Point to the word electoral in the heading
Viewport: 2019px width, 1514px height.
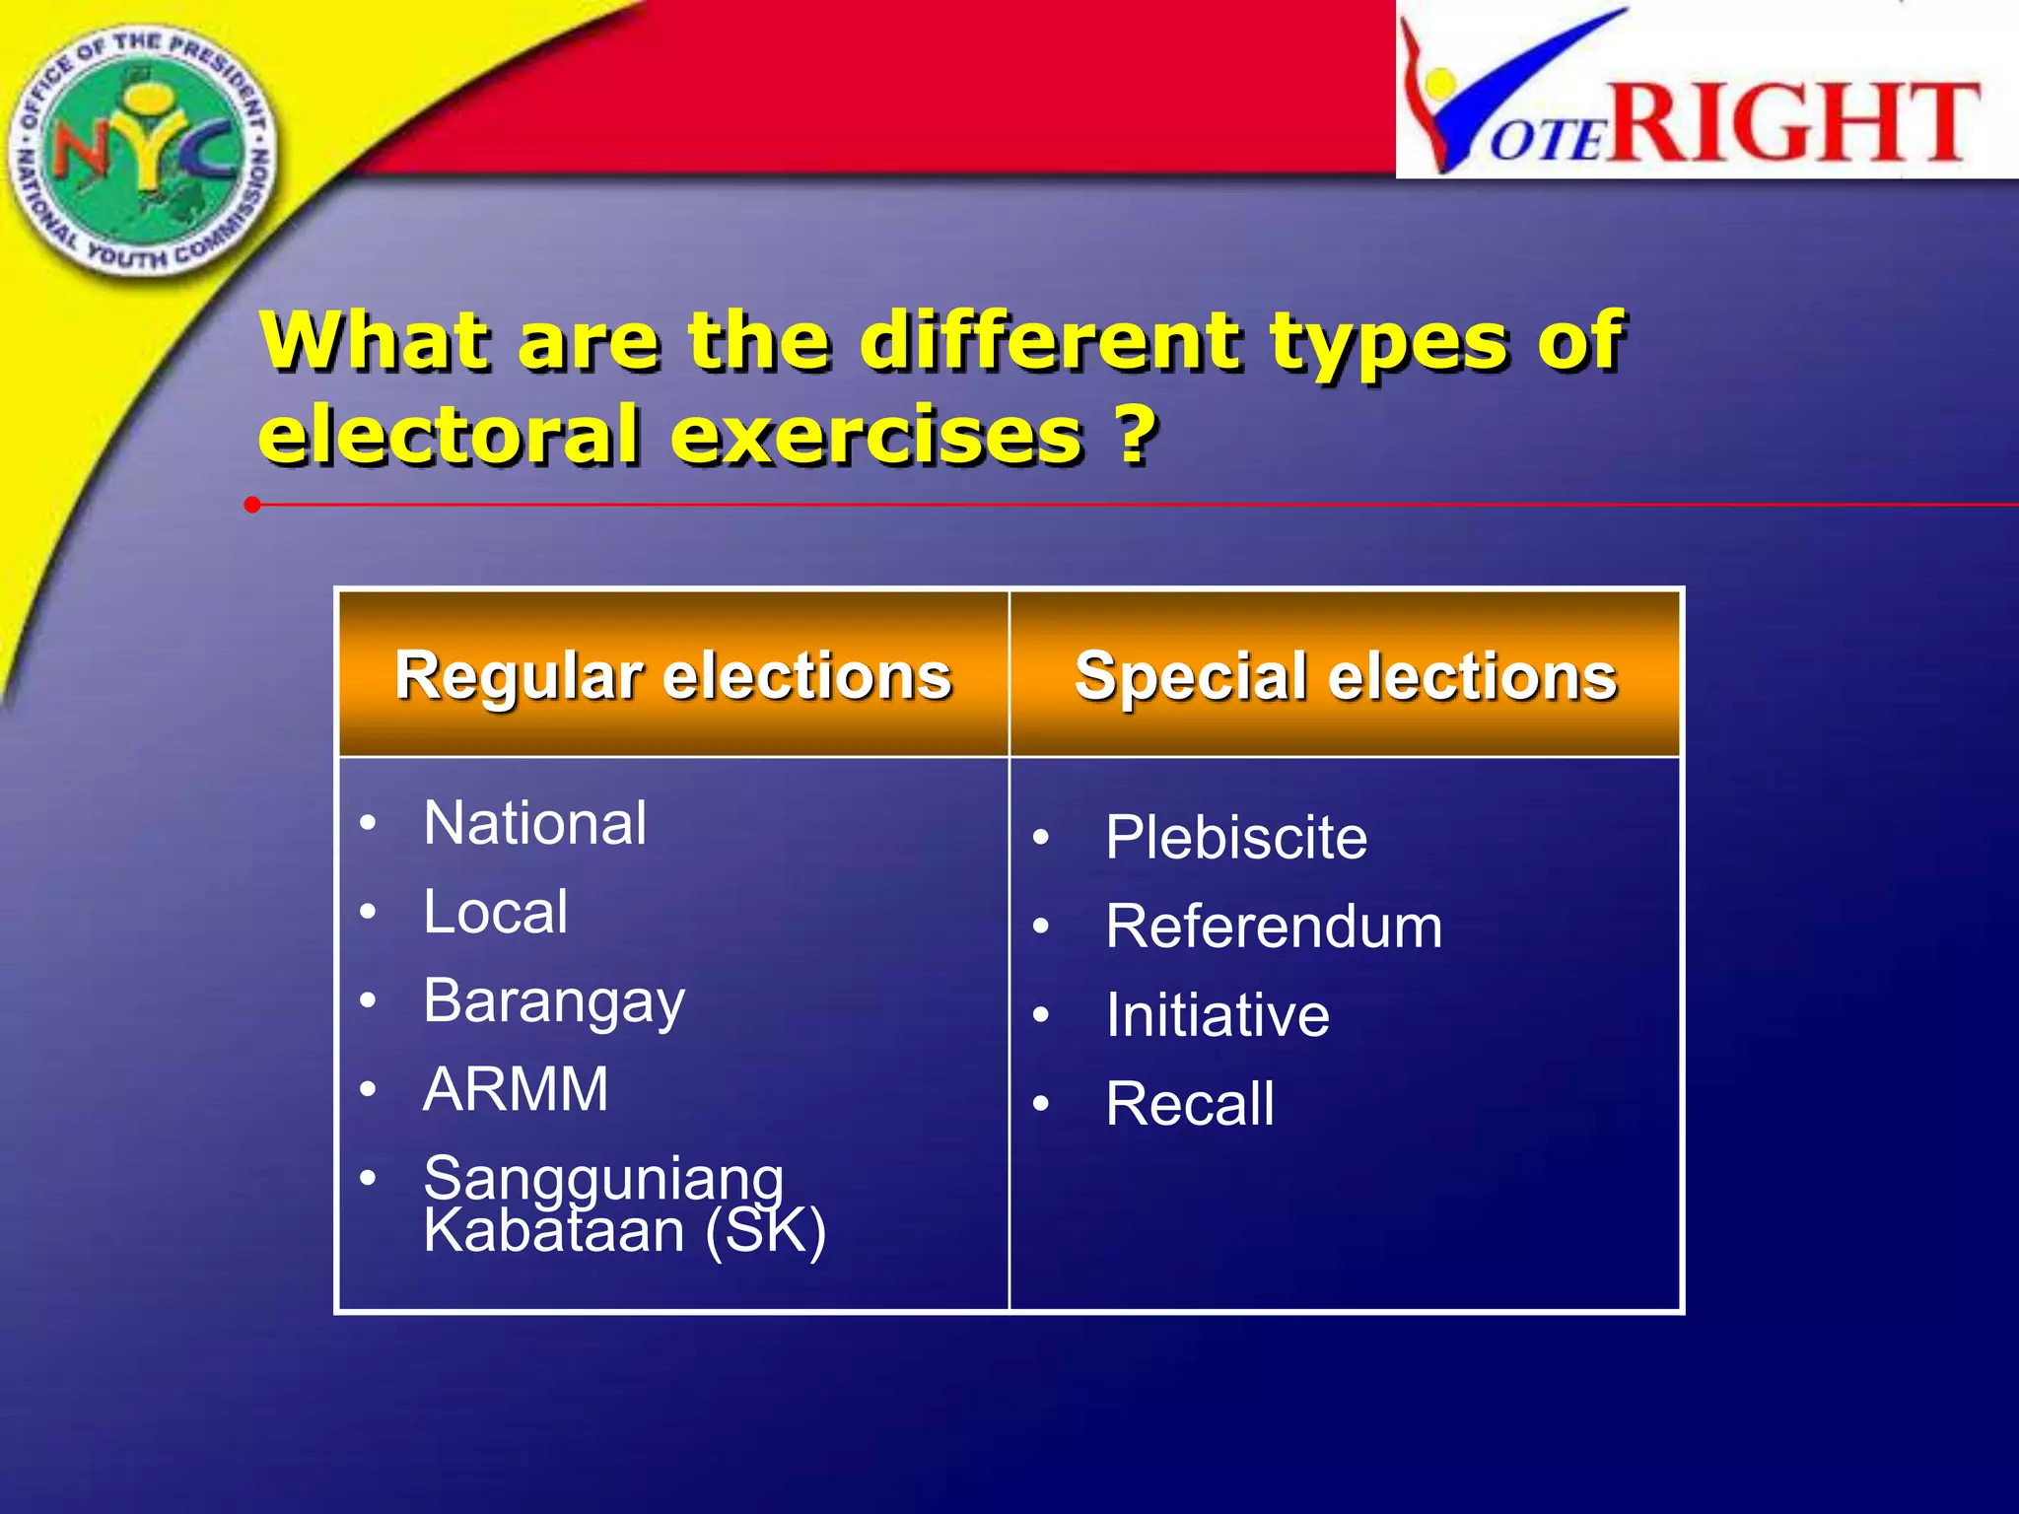pyautogui.click(x=449, y=435)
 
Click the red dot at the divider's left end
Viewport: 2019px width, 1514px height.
pyautogui.click(x=252, y=505)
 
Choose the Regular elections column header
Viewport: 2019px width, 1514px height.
pyautogui.click(x=673, y=676)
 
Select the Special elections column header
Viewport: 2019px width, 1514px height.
pyautogui.click(x=1346, y=676)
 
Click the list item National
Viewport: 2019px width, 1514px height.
pyautogui.click(x=534, y=823)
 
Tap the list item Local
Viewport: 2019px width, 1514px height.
pyautogui.click(x=495, y=912)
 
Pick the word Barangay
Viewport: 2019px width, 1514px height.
pyautogui.click(x=553, y=1001)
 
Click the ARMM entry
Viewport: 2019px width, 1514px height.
pyautogui.click(x=516, y=1089)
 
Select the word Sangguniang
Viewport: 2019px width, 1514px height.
pyautogui.click(x=603, y=1177)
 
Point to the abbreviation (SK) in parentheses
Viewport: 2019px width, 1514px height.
pyautogui.click(x=765, y=1232)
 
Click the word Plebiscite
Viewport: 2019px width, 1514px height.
pyautogui.click(x=1236, y=838)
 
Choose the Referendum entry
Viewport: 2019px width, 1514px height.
pyautogui.click(x=1274, y=927)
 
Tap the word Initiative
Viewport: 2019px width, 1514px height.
pyautogui.click(x=1218, y=1015)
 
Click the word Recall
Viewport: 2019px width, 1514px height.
pyautogui.click(x=1190, y=1104)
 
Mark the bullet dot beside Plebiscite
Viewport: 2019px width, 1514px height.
pyautogui.click(x=1041, y=839)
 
